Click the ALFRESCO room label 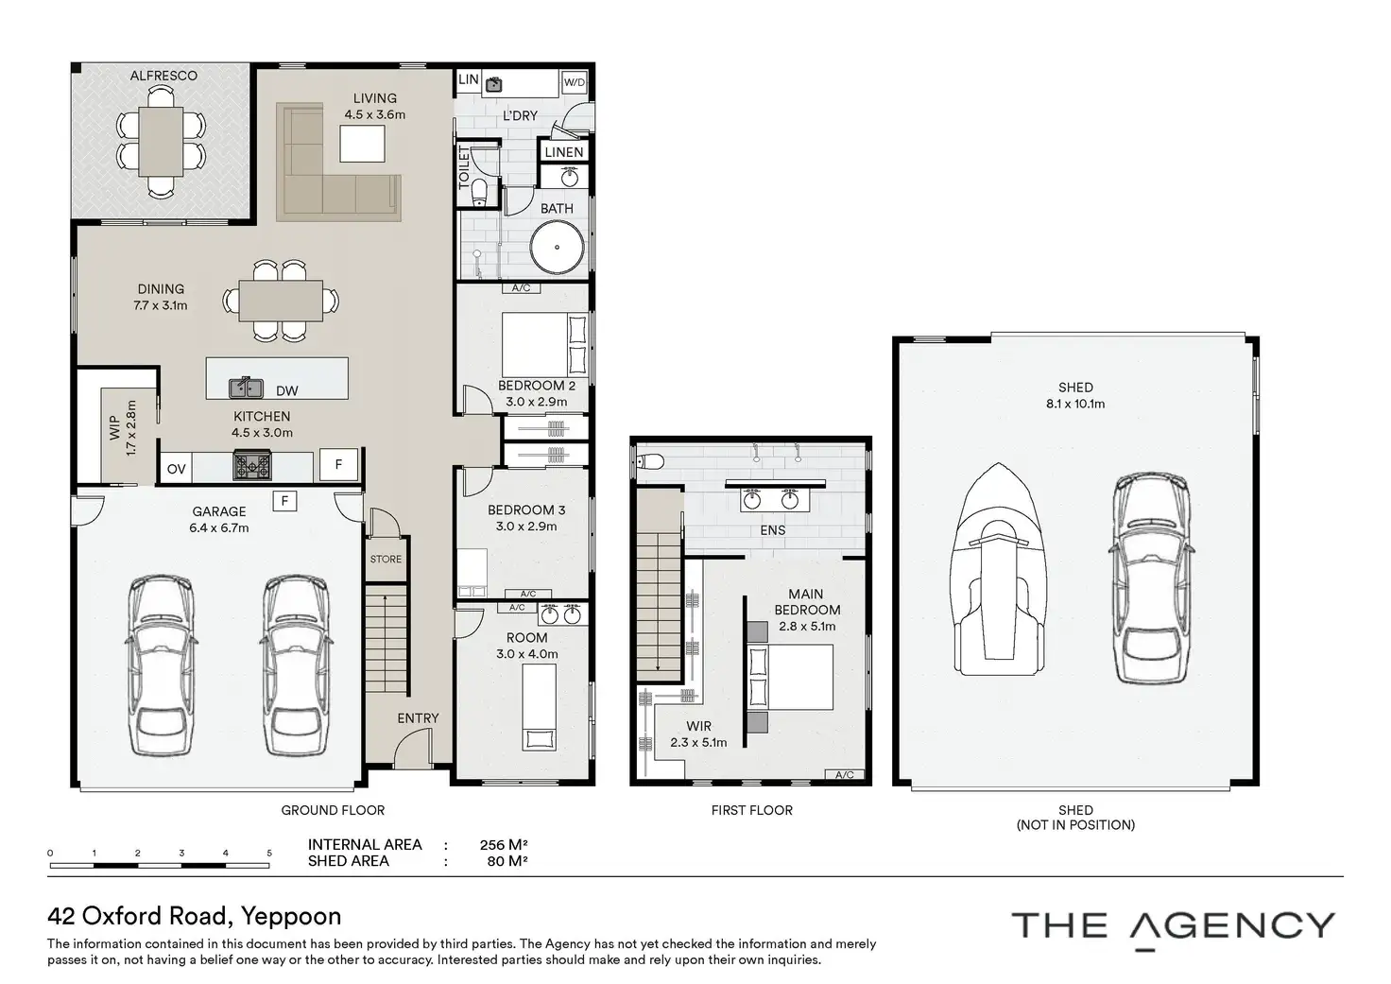[163, 76]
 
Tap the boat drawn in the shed [998, 569]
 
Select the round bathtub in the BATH [557, 247]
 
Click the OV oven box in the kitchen [177, 469]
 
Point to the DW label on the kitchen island [287, 390]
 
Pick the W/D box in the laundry [575, 82]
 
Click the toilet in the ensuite [650, 461]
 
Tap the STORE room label [386, 559]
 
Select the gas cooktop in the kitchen [252, 465]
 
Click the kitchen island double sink [247, 388]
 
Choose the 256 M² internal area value [504, 845]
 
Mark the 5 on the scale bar [269, 853]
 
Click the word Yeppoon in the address [291, 917]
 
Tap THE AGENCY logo [1173, 927]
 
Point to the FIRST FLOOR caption [752, 810]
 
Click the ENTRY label [418, 718]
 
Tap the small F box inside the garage [285, 501]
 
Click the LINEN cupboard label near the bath [564, 152]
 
